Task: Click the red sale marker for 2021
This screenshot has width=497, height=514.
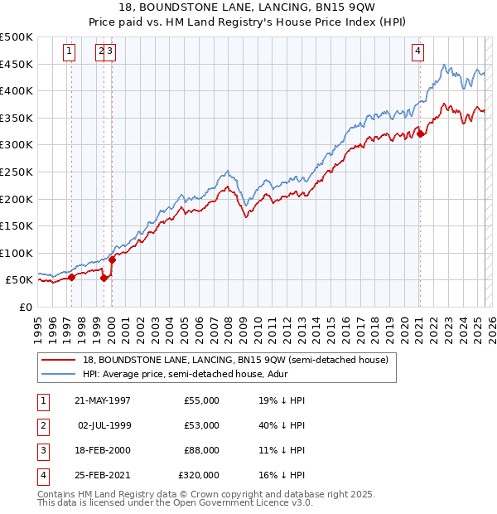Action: point(420,133)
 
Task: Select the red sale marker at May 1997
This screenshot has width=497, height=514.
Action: point(72,278)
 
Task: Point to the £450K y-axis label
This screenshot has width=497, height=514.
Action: point(17,64)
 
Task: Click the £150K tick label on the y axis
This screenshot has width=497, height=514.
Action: point(17,225)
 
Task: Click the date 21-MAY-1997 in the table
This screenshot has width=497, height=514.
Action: point(103,400)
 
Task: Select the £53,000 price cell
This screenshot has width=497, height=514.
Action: point(202,425)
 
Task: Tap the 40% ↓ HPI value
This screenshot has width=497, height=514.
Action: point(282,425)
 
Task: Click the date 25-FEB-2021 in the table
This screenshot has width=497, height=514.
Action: point(103,475)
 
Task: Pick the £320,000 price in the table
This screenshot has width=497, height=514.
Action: point(199,475)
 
